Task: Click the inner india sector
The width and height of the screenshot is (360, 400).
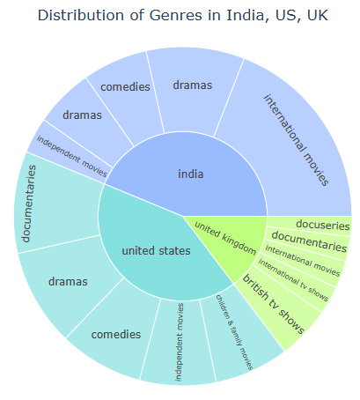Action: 189,174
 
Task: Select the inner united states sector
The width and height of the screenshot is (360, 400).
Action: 155,251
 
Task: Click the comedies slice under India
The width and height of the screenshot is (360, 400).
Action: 125,86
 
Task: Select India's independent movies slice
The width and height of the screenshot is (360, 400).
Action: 69,156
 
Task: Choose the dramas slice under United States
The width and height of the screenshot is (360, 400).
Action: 68,282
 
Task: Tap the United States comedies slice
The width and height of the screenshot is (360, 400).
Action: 116,334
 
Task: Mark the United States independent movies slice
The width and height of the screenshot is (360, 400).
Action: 179,344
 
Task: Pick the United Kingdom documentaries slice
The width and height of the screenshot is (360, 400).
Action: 308,243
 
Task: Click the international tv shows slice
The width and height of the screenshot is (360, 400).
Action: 296,282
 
